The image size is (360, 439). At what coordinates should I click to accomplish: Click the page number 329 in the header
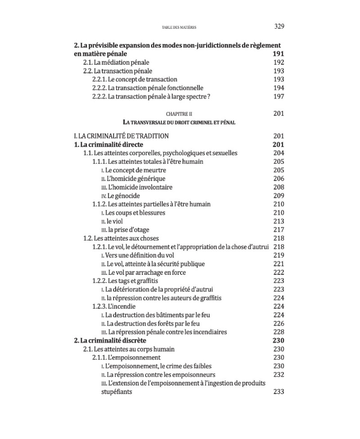click(279, 27)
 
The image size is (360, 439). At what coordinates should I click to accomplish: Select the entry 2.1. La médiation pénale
click(116, 63)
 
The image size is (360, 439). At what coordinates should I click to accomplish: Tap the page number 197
click(279, 97)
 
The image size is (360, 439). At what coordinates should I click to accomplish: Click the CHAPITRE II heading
click(179, 114)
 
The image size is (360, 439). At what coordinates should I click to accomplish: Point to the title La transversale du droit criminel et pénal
click(179, 122)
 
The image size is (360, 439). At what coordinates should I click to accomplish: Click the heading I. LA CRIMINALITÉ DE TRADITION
click(121, 136)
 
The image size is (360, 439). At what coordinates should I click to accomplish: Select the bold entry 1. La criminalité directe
click(108, 144)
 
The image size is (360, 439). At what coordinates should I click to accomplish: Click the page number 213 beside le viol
click(279, 221)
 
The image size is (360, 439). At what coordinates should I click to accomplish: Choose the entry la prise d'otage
click(125, 230)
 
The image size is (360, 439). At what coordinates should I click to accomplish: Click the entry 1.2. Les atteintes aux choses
click(121, 238)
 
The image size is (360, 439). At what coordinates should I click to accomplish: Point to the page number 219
click(279, 255)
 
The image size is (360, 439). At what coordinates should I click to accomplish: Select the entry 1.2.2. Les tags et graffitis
click(122, 281)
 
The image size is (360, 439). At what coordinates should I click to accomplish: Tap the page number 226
click(279, 324)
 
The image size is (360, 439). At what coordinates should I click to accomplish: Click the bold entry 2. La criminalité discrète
click(110, 340)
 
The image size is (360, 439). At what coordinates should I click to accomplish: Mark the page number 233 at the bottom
click(279, 392)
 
